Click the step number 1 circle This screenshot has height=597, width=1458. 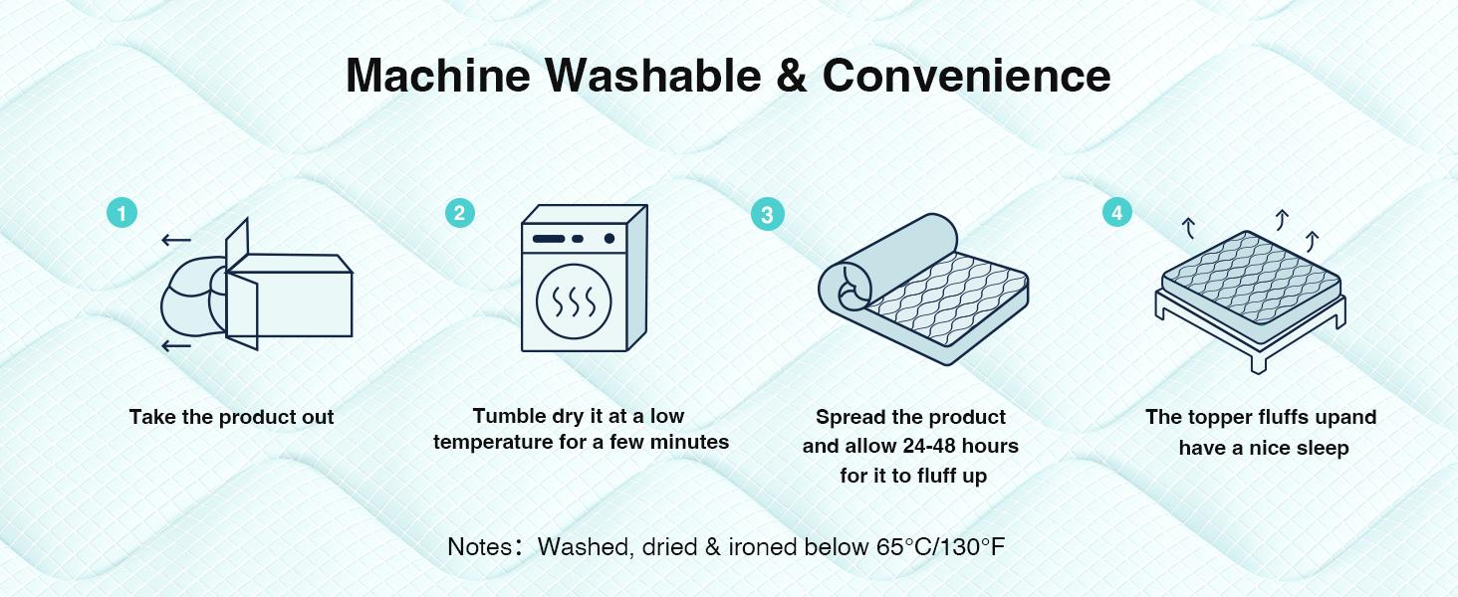(121, 213)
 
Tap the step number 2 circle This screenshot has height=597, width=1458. (459, 213)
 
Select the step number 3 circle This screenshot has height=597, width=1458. (768, 215)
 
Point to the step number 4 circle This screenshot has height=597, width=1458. (1117, 213)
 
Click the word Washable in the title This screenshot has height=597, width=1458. (653, 76)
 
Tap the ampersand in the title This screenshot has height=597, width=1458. (792, 76)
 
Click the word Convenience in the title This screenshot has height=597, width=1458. (967, 76)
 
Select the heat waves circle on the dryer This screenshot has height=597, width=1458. (574, 301)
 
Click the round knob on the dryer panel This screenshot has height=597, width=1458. (609, 239)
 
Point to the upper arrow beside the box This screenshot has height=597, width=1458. (175, 241)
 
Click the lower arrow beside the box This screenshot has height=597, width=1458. (175, 345)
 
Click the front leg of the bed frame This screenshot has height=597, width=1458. (1258, 361)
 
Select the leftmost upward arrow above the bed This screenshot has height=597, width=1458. (1189, 228)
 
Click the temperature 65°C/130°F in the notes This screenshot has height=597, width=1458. (940, 547)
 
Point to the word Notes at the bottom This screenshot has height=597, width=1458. (480, 547)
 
